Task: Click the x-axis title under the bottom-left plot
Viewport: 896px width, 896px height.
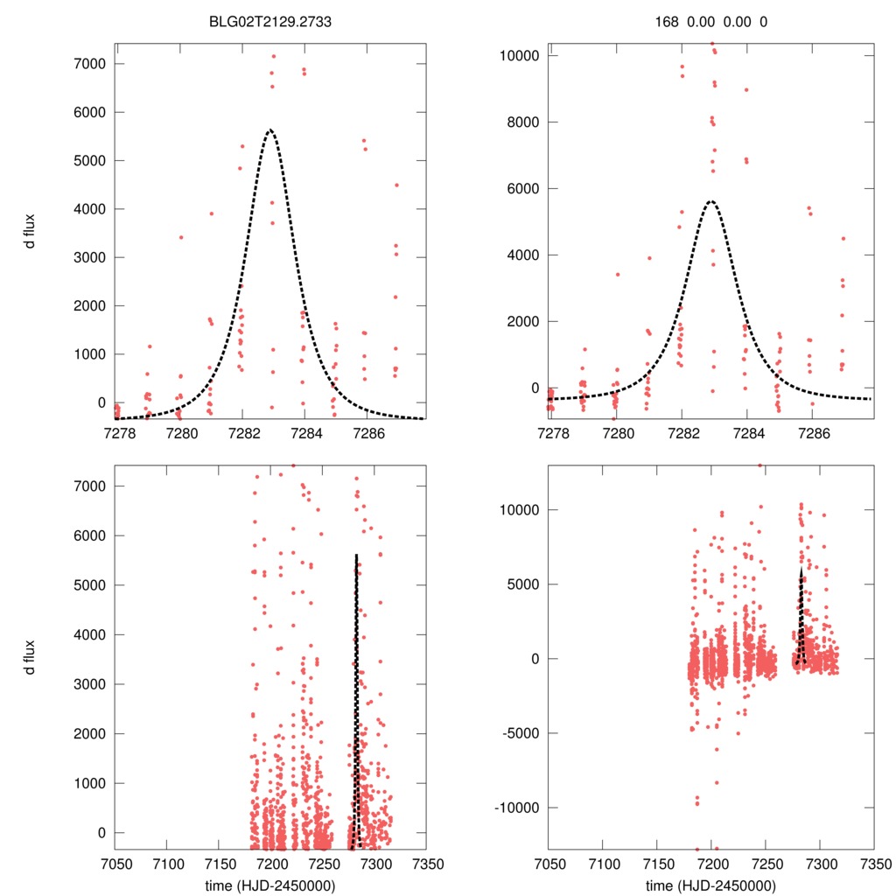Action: click(x=269, y=885)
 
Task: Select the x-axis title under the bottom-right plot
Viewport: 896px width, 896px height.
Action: click(x=711, y=885)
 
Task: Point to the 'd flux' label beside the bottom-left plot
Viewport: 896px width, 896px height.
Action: click(x=30, y=657)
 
